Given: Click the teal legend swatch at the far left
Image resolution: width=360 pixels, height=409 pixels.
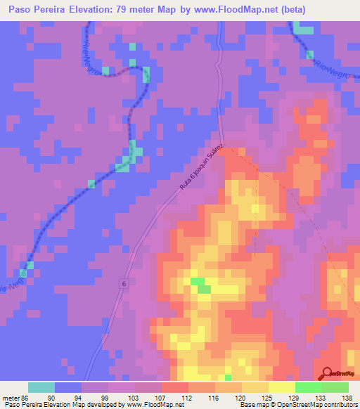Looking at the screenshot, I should click(41, 387).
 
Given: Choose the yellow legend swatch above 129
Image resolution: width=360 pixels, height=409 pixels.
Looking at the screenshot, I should click(281, 387).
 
